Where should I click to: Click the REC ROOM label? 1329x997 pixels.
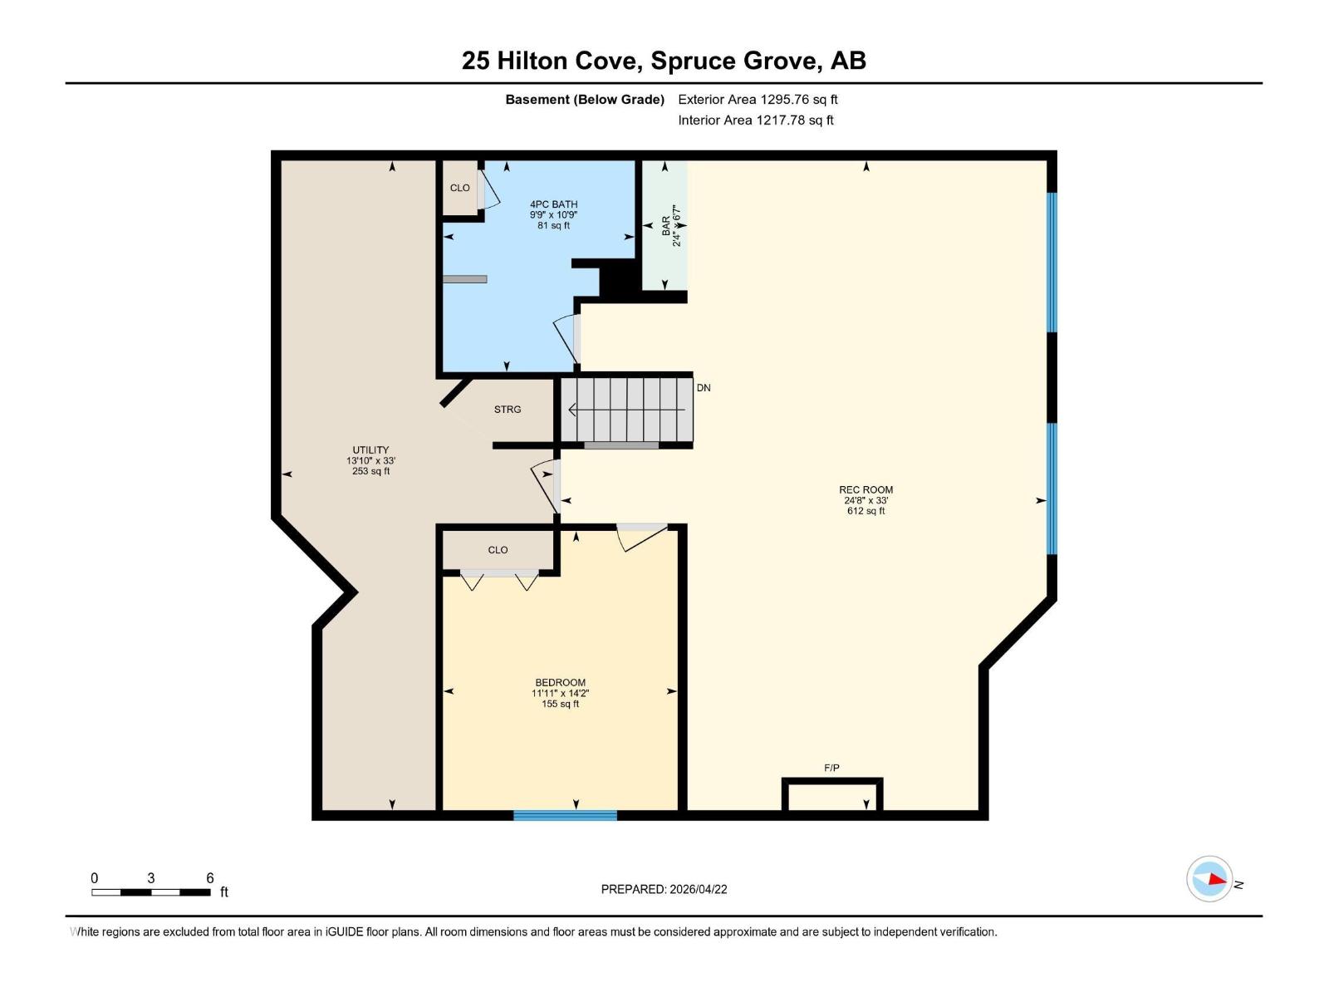tap(866, 490)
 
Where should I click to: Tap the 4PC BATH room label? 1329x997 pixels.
tap(553, 204)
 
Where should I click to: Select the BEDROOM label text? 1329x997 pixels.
tap(560, 683)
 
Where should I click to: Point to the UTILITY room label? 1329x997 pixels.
tap(370, 450)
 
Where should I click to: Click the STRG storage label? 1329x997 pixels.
tap(508, 410)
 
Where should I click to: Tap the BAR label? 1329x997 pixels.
tap(666, 226)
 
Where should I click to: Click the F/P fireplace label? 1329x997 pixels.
tap(831, 769)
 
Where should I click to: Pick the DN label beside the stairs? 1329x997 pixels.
tap(704, 388)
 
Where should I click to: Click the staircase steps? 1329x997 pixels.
tap(627, 410)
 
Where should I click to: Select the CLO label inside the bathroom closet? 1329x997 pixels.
tap(459, 188)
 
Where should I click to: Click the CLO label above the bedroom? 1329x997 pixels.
tap(498, 550)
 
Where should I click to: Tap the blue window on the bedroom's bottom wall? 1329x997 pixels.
tap(565, 816)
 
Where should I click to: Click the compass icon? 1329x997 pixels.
tap(1209, 879)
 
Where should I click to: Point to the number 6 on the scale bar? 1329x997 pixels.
tap(210, 878)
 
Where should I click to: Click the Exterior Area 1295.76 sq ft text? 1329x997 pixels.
tap(758, 100)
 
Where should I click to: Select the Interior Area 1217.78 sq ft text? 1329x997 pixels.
tap(755, 120)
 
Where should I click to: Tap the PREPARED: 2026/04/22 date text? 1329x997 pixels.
tap(664, 889)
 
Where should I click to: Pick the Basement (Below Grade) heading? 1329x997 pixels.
tap(585, 100)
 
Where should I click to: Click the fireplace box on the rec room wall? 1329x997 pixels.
tap(832, 795)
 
